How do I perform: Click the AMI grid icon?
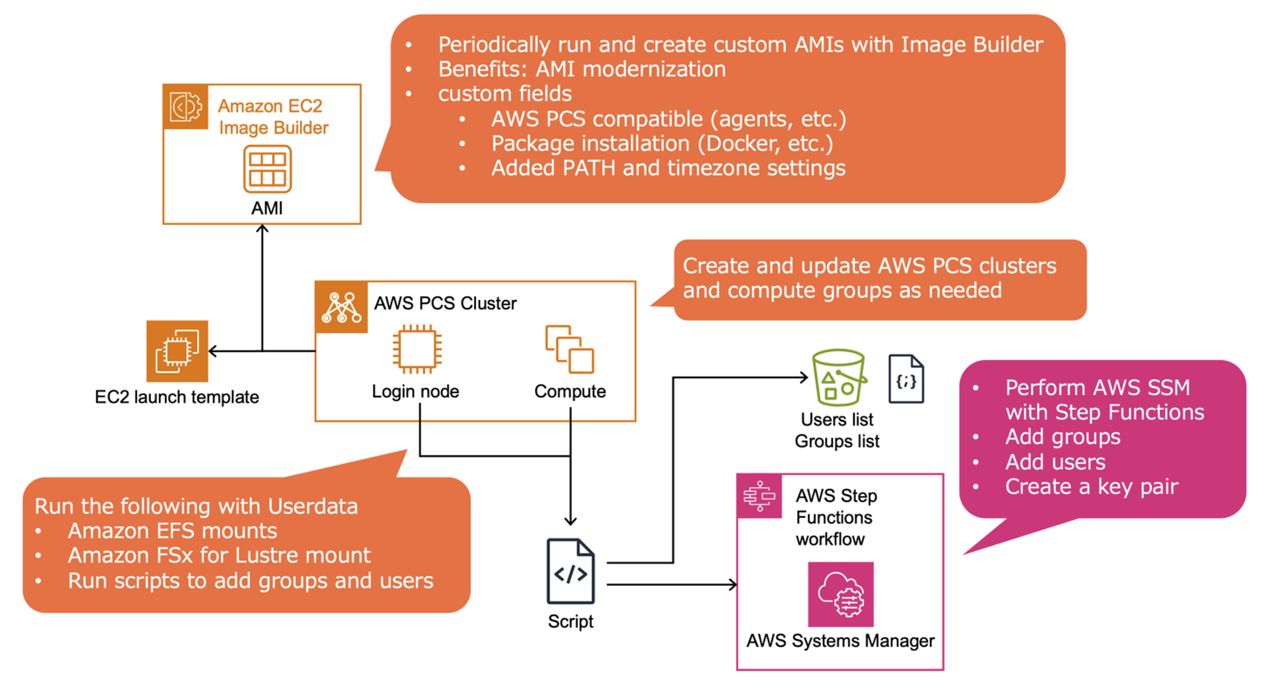tap(267, 169)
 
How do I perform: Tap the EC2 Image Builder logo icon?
tap(185, 107)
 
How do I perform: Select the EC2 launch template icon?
tap(177, 351)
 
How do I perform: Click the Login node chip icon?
tap(417, 349)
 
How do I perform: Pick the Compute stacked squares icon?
tap(569, 349)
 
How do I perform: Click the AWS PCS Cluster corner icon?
tap(341, 307)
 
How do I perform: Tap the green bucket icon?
tap(838, 377)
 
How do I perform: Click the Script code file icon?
tap(570, 571)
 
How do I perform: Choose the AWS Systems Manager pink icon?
tap(840, 595)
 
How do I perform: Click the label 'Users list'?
tap(836, 420)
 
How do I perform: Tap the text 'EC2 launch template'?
tap(177, 397)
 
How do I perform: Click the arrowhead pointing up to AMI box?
tap(262, 229)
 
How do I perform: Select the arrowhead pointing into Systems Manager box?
tap(733, 585)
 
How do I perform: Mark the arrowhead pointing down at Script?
tap(570, 521)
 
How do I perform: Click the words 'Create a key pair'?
tap(1091, 486)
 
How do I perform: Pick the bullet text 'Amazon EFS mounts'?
tap(172, 530)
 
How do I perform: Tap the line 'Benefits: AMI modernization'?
tap(581, 69)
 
